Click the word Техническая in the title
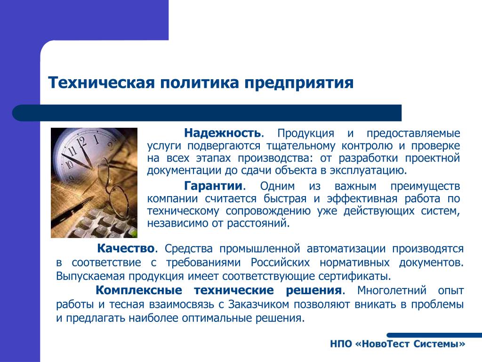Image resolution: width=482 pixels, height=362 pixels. (x=101, y=82)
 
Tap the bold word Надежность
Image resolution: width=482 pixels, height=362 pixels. (x=223, y=133)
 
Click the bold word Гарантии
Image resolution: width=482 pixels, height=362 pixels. (x=213, y=186)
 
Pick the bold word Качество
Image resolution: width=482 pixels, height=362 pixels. (x=126, y=248)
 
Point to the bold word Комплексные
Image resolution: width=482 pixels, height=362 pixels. (x=139, y=290)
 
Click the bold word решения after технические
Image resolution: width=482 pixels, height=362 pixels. (x=313, y=290)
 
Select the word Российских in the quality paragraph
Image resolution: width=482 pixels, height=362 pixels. (x=280, y=262)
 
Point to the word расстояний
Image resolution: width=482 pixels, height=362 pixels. (x=258, y=223)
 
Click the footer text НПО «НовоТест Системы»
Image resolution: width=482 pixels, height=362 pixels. (x=398, y=344)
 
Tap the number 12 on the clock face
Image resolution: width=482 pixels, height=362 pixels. (x=82, y=142)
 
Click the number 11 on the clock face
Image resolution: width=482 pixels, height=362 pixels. (x=72, y=151)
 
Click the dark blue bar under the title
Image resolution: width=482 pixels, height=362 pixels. (x=207, y=113)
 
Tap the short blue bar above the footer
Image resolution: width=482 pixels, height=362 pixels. (x=434, y=335)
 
